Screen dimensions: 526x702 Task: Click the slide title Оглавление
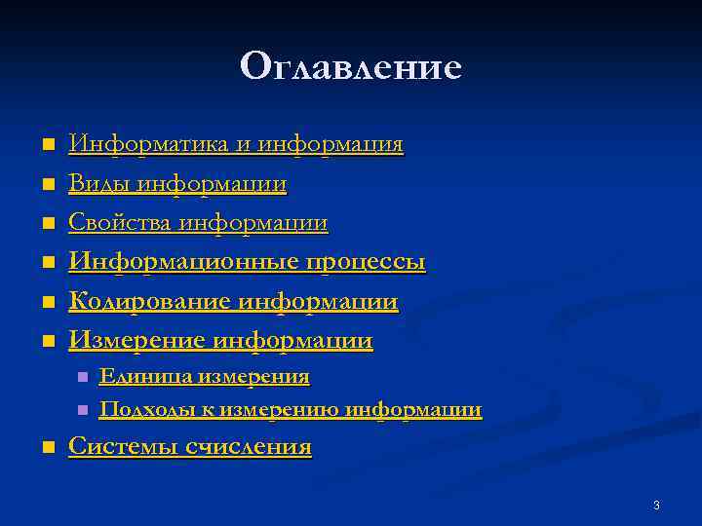pos(350,66)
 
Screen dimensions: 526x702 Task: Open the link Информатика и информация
pos(235,145)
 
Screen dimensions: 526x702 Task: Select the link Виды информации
pos(176,184)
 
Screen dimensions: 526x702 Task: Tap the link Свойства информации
pos(198,223)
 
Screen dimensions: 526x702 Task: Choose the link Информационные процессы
pos(247,262)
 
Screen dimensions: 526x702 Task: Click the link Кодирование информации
pos(233,302)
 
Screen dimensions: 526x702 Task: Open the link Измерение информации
pos(220,341)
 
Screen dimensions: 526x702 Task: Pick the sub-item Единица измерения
pos(205,376)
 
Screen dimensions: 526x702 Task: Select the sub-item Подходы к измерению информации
pos(291,410)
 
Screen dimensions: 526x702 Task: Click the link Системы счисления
pos(190,447)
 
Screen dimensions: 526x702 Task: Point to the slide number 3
pos(656,506)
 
